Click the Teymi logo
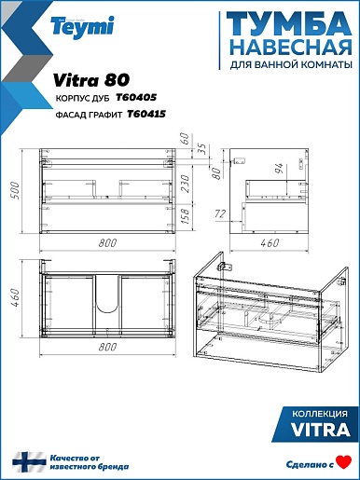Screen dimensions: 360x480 [x=82, y=27]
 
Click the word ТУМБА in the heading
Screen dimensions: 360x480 [x=289, y=24]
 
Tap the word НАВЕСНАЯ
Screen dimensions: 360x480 [x=292, y=48]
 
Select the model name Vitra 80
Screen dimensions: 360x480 [x=91, y=80]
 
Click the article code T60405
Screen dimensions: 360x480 [x=136, y=98]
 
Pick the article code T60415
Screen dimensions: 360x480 [x=146, y=115]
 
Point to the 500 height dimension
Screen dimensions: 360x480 [x=15, y=190]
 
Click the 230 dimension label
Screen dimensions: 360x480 [x=185, y=184]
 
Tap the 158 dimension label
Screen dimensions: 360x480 [x=185, y=217]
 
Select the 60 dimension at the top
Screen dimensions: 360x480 [x=185, y=138]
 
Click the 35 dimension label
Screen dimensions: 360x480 [x=202, y=149]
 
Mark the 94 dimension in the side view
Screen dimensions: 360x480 [x=279, y=168]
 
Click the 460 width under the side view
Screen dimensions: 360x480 [x=270, y=242]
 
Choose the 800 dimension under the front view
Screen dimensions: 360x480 [x=107, y=242]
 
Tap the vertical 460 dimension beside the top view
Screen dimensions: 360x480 [x=15, y=297]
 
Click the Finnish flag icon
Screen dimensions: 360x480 [x=29, y=462]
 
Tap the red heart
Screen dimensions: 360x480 [x=345, y=461]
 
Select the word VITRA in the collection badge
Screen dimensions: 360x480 [x=320, y=430]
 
